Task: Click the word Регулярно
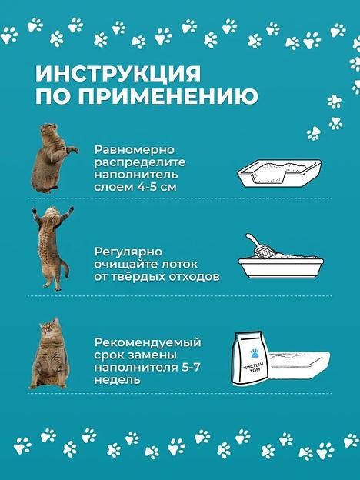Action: tap(126, 251)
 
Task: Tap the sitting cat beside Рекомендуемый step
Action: tap(51, 355)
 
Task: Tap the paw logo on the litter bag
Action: tap(254, 348)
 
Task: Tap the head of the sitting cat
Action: tap(50, 331)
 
